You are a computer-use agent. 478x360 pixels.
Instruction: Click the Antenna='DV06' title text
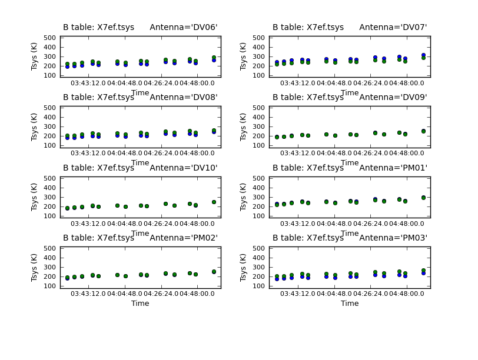coord(183,27)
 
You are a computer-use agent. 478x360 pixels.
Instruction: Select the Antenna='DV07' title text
coord(393,27)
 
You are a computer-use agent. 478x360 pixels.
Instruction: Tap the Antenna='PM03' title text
coord(393,238)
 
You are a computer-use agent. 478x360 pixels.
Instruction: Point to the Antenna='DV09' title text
coord(393,97)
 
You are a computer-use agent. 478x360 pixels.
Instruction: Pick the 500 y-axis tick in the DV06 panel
coord(49,38)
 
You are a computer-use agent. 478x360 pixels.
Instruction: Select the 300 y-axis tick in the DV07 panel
coord(259,56)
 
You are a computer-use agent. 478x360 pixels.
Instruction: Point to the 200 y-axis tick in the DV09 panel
coord(259,136)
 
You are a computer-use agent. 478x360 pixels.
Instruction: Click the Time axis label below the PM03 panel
coord(350,304)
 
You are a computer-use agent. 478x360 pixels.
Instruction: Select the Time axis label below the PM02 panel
coord(140,304)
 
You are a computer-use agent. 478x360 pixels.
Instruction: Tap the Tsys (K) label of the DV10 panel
coord(35,197)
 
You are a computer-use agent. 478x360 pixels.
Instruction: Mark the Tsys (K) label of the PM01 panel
coord(244,197)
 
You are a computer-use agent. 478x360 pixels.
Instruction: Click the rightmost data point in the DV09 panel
coord(423,131)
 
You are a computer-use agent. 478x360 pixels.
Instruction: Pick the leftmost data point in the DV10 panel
coord(67,208)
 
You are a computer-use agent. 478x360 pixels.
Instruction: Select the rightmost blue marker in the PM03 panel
coord(423,273)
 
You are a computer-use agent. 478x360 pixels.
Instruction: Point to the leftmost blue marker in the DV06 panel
coord(67,66)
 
